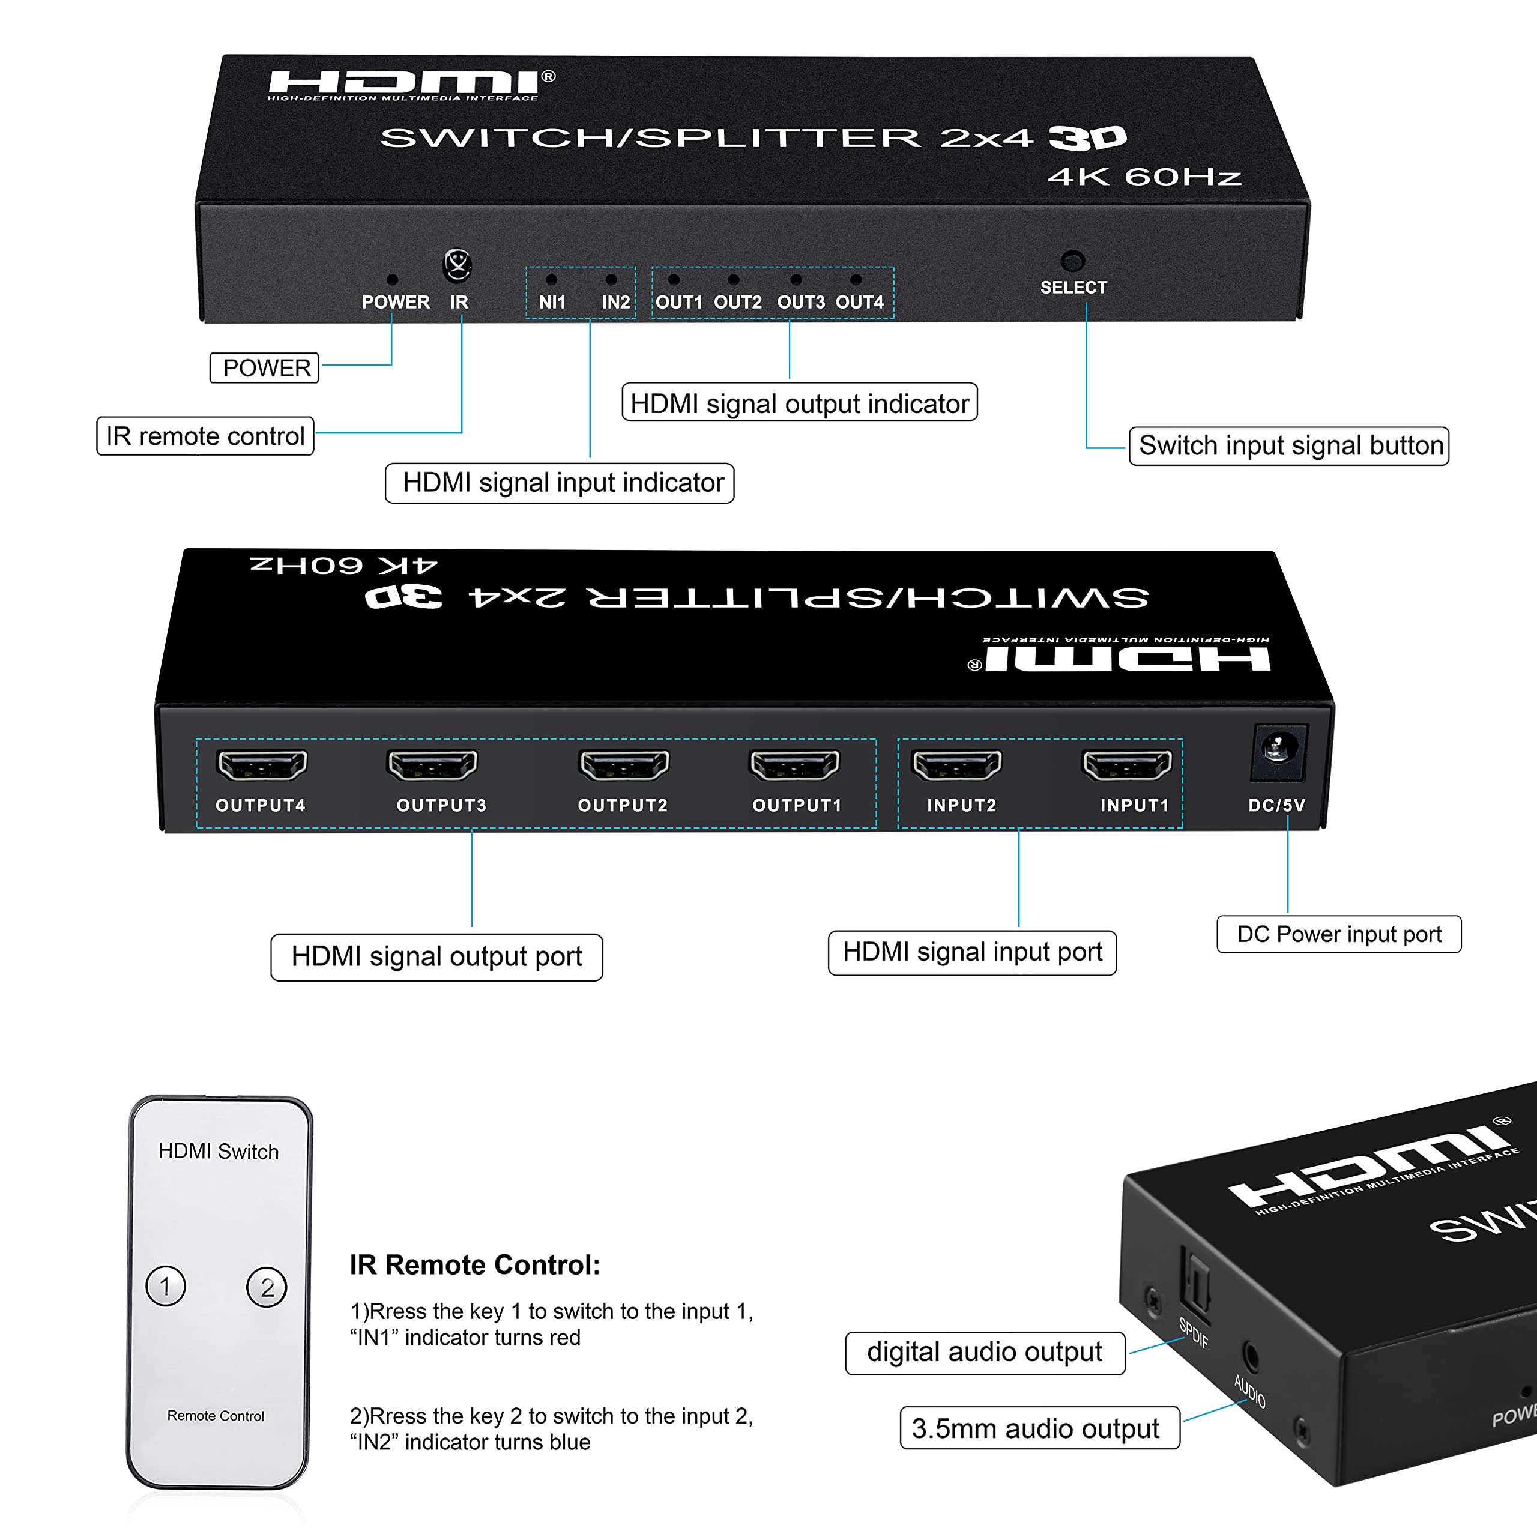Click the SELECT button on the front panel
(1072, 260)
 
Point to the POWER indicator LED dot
(391, 279)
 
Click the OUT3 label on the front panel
(800, 303)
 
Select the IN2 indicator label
(616, 303)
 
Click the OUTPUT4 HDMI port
(262, 764)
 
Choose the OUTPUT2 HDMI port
(624, 764)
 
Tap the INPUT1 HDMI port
(1126, 764)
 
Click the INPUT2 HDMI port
(956, 764)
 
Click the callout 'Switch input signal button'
(1289, 445)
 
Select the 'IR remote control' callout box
(205, 436)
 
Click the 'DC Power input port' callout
(1339, 934)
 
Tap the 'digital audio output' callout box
(985, 1351)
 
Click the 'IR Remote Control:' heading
(475, 1265)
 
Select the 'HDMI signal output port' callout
(436, 956)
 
